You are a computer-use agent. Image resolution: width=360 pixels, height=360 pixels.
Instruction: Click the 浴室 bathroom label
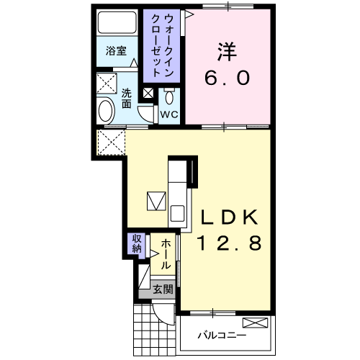pos(116,52)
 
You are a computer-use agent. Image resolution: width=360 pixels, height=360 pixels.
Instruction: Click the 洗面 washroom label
pos(126,99)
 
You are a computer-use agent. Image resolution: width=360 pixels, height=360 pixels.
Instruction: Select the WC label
pos(168,114)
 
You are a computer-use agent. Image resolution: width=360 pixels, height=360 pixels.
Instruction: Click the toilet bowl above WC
pos(170,96)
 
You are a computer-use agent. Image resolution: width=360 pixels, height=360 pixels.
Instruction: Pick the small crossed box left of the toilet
pos(148,93)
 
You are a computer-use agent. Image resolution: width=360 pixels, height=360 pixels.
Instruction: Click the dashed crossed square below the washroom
pos(110,142)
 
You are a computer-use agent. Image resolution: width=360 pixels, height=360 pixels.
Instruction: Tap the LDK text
pos(228,217)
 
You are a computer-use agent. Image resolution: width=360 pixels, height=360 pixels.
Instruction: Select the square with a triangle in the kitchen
pos(156,200)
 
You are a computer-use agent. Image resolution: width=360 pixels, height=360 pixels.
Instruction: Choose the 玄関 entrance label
pos(163,290)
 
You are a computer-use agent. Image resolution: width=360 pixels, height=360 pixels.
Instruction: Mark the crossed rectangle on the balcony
pos(255,323)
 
